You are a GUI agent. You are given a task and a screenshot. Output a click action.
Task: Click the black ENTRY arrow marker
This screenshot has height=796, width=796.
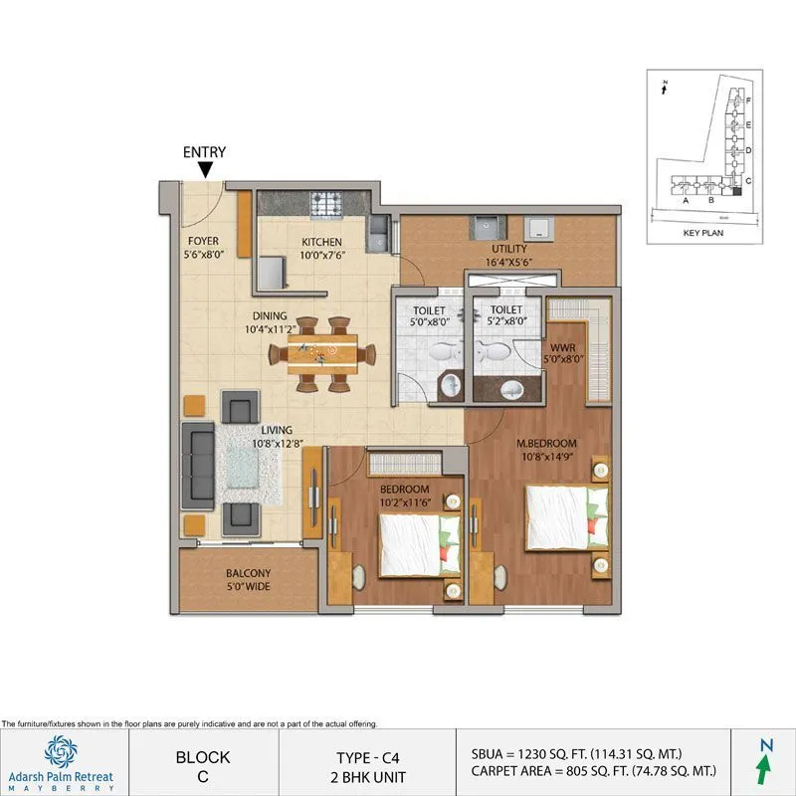coord(204,171)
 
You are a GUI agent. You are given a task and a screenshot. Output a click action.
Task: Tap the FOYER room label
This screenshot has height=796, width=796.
coord(205,248)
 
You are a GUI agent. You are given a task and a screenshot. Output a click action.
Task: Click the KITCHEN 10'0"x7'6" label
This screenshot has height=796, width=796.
coord(321,249)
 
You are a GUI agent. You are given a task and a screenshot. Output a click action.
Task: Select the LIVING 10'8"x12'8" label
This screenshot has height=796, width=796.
coord(277,437)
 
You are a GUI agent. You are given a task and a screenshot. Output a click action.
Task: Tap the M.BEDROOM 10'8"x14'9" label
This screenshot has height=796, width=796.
coord(548,449)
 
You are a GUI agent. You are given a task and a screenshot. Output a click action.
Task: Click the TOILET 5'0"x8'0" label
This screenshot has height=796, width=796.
coord(430,315)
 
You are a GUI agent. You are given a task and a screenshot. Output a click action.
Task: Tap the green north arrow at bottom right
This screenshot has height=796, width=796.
coord(763,766)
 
